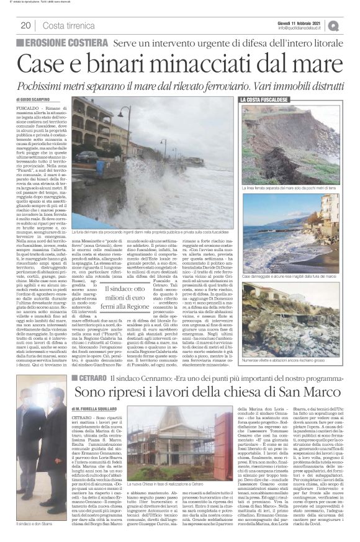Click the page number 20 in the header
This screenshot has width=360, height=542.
25,25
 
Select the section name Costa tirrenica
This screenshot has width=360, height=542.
66,25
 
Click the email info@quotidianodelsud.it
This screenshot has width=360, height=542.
307,28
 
